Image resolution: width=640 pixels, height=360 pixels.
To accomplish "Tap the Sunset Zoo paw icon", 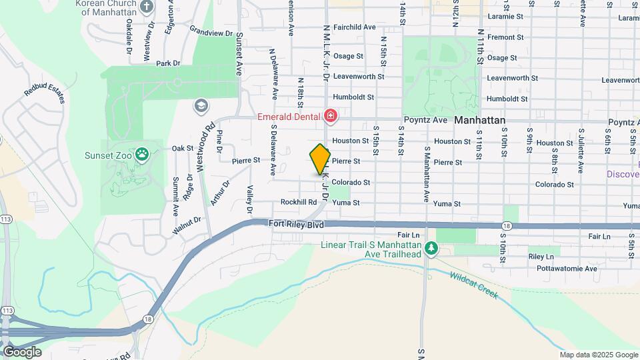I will [142, 155].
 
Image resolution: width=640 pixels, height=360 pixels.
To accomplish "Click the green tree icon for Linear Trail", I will [432, 248].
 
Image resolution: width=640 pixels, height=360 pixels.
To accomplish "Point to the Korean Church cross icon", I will [147, 7].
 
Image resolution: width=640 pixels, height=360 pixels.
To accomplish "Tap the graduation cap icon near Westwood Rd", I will [201, 106].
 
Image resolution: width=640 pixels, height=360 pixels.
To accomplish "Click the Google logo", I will [22, 351].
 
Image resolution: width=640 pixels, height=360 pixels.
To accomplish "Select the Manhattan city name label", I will [479, 121].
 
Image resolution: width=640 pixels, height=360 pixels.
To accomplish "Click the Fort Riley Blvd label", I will [297, 225].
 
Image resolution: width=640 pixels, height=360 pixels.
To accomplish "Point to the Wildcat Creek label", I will [473, 285].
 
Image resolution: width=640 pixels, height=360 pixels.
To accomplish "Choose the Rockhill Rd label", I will [298, 202].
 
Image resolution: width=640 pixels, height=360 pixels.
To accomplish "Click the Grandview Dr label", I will [211, 31].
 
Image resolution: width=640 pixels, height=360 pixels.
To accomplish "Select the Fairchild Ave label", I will [355, 27].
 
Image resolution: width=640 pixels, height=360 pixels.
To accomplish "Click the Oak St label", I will [182, 148].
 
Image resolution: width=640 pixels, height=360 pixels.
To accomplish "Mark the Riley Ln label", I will [541, 257].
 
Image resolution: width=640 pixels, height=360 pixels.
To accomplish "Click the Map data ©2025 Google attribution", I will [598, 355].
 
